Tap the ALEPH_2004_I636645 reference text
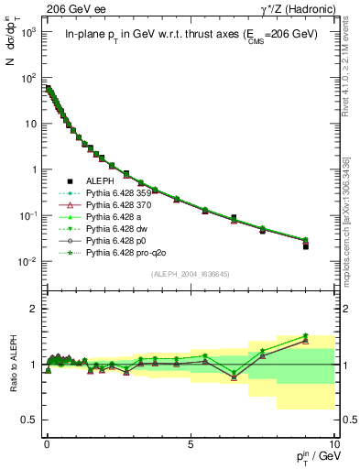pyautogui.click(x=191, y=274)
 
